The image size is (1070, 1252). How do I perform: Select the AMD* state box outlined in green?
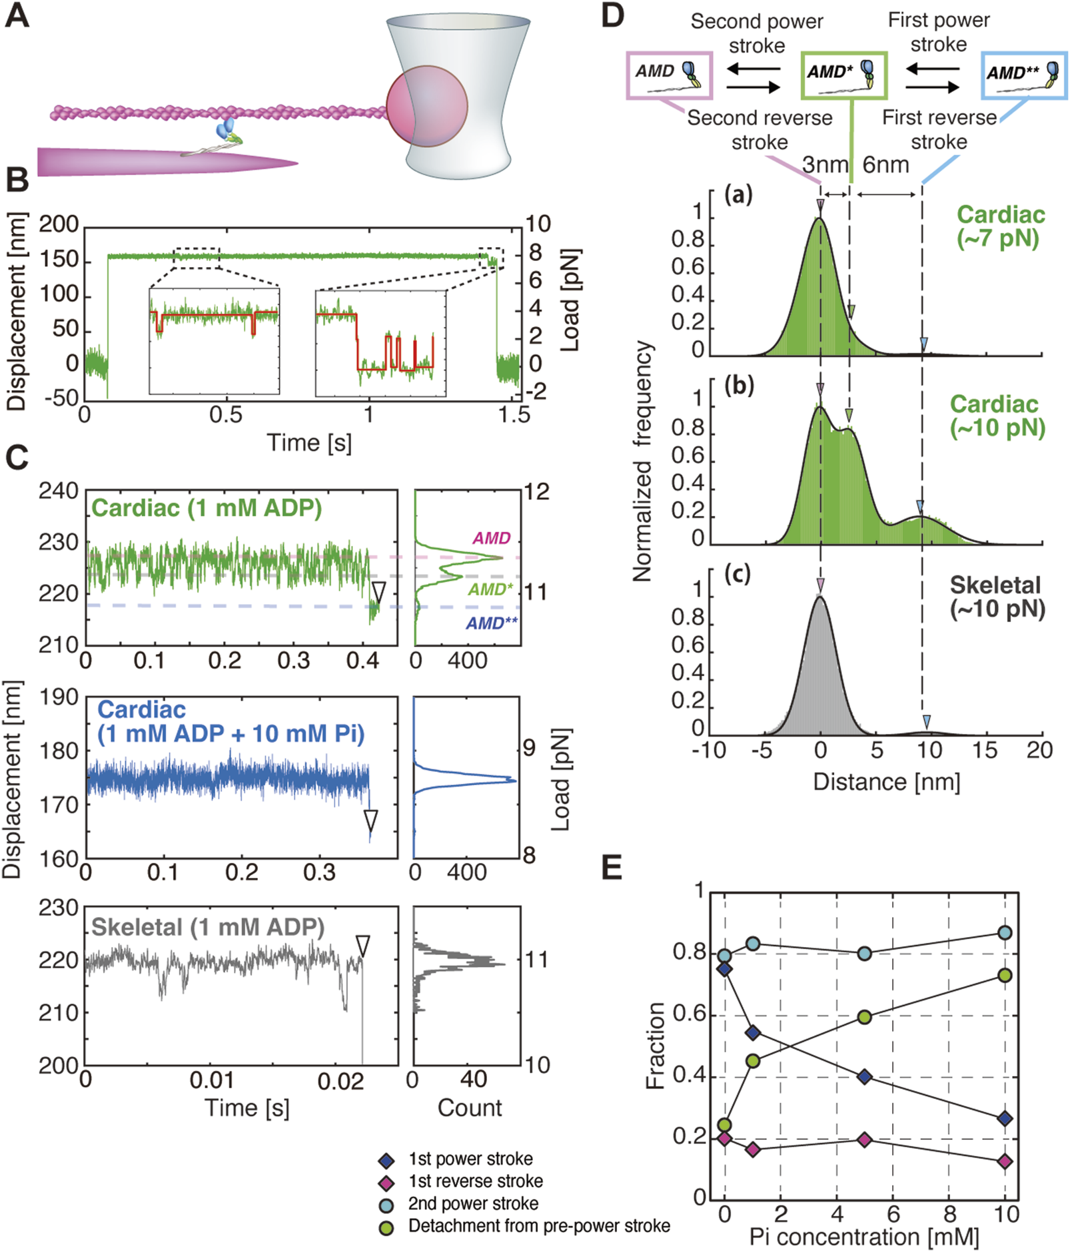click(843, 74)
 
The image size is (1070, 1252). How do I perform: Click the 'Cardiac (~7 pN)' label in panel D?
click(1000, 226)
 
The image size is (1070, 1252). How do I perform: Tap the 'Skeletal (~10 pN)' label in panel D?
click(997, 596)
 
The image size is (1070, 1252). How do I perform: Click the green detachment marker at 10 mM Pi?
click(1005, 976)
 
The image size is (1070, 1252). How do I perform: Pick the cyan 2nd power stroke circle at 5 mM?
click(864, 954)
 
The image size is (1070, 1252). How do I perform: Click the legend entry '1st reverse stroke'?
click(475, 1181)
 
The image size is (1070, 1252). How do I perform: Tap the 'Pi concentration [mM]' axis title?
click(864, 1237)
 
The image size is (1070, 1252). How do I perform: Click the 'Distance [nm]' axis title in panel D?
click(886, 782)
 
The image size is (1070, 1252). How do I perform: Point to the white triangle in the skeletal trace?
click(362, 945)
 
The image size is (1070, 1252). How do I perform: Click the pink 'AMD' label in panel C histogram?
click(492, 537)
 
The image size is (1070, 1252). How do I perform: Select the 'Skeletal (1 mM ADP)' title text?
click(208, 927)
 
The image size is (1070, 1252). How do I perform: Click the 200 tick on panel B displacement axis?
click(59, 224)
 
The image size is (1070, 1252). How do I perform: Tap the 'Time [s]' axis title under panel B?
click(309, 442)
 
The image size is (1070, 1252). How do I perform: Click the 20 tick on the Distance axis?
click(1039, 751)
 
